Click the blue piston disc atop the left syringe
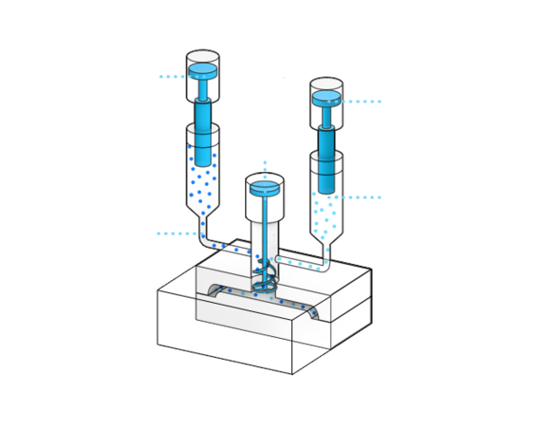[x=203, y=69]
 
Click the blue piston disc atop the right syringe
[x=326, y=96]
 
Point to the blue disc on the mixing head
[x=265, y=188]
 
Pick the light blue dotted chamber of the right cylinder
[x=326, y=212]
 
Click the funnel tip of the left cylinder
[x=203, y=220]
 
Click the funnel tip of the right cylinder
[x=326, y=248]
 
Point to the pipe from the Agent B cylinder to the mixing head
[x=302, y=263]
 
